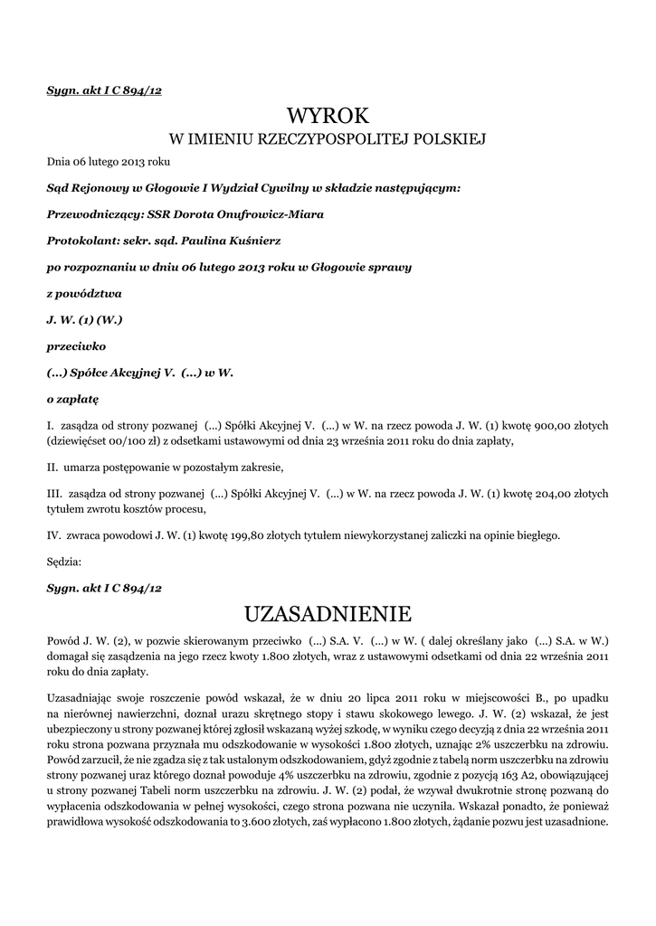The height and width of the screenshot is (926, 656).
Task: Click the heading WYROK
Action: coord(328,116)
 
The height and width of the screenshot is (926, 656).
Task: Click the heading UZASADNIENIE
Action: coord(328,615)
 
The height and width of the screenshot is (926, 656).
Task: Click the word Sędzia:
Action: coord(63,562)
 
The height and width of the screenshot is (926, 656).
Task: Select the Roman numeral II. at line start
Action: coord(52,468)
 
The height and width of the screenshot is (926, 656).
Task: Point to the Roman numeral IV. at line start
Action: coord(53,535)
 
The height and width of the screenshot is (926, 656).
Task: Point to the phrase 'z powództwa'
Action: coord(83,294)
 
